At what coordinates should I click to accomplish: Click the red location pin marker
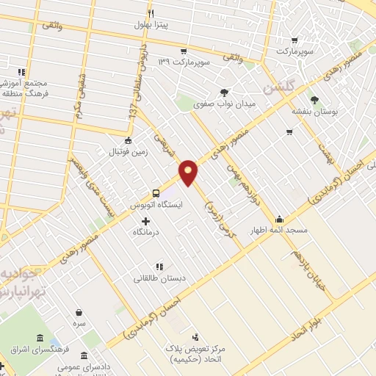click(189, 172)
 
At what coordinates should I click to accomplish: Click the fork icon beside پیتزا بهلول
click(151, 13)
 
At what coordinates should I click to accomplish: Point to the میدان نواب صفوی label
click(224, 104)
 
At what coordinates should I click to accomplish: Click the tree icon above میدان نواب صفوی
click(224, 93)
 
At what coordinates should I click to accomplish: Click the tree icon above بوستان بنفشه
click(315, 100)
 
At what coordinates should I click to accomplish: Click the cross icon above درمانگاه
click(145, 220)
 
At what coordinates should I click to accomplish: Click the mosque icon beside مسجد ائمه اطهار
click(279, 219)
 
